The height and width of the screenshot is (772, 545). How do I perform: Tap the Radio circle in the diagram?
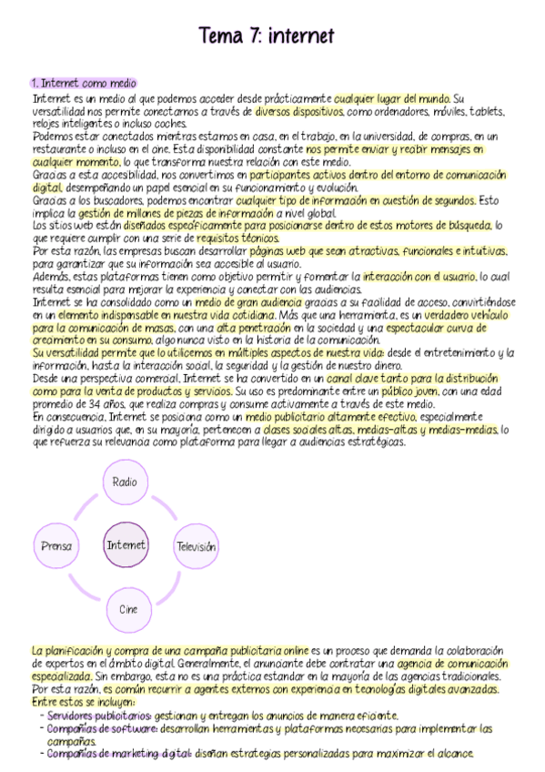point(125,482)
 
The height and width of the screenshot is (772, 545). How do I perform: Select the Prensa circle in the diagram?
point(57,546)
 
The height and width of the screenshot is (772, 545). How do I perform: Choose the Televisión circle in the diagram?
point(196,547)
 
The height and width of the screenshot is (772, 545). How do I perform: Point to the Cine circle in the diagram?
point(127,609)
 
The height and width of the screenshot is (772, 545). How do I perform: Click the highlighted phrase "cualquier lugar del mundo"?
point(391,98)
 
